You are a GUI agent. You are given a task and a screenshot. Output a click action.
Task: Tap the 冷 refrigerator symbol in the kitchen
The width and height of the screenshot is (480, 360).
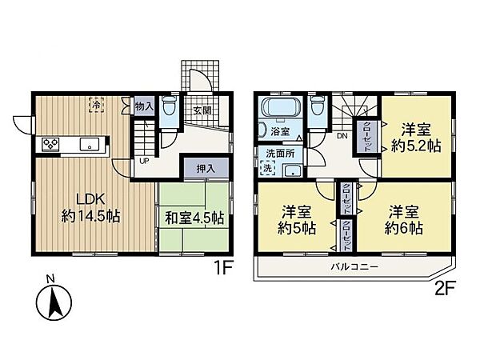[x=97, y=104]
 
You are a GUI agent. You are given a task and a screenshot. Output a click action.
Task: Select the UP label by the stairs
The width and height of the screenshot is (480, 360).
[x=144, y=160]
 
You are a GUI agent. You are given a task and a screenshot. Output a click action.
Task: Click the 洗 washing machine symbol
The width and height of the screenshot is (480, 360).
[x=266, y=169]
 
